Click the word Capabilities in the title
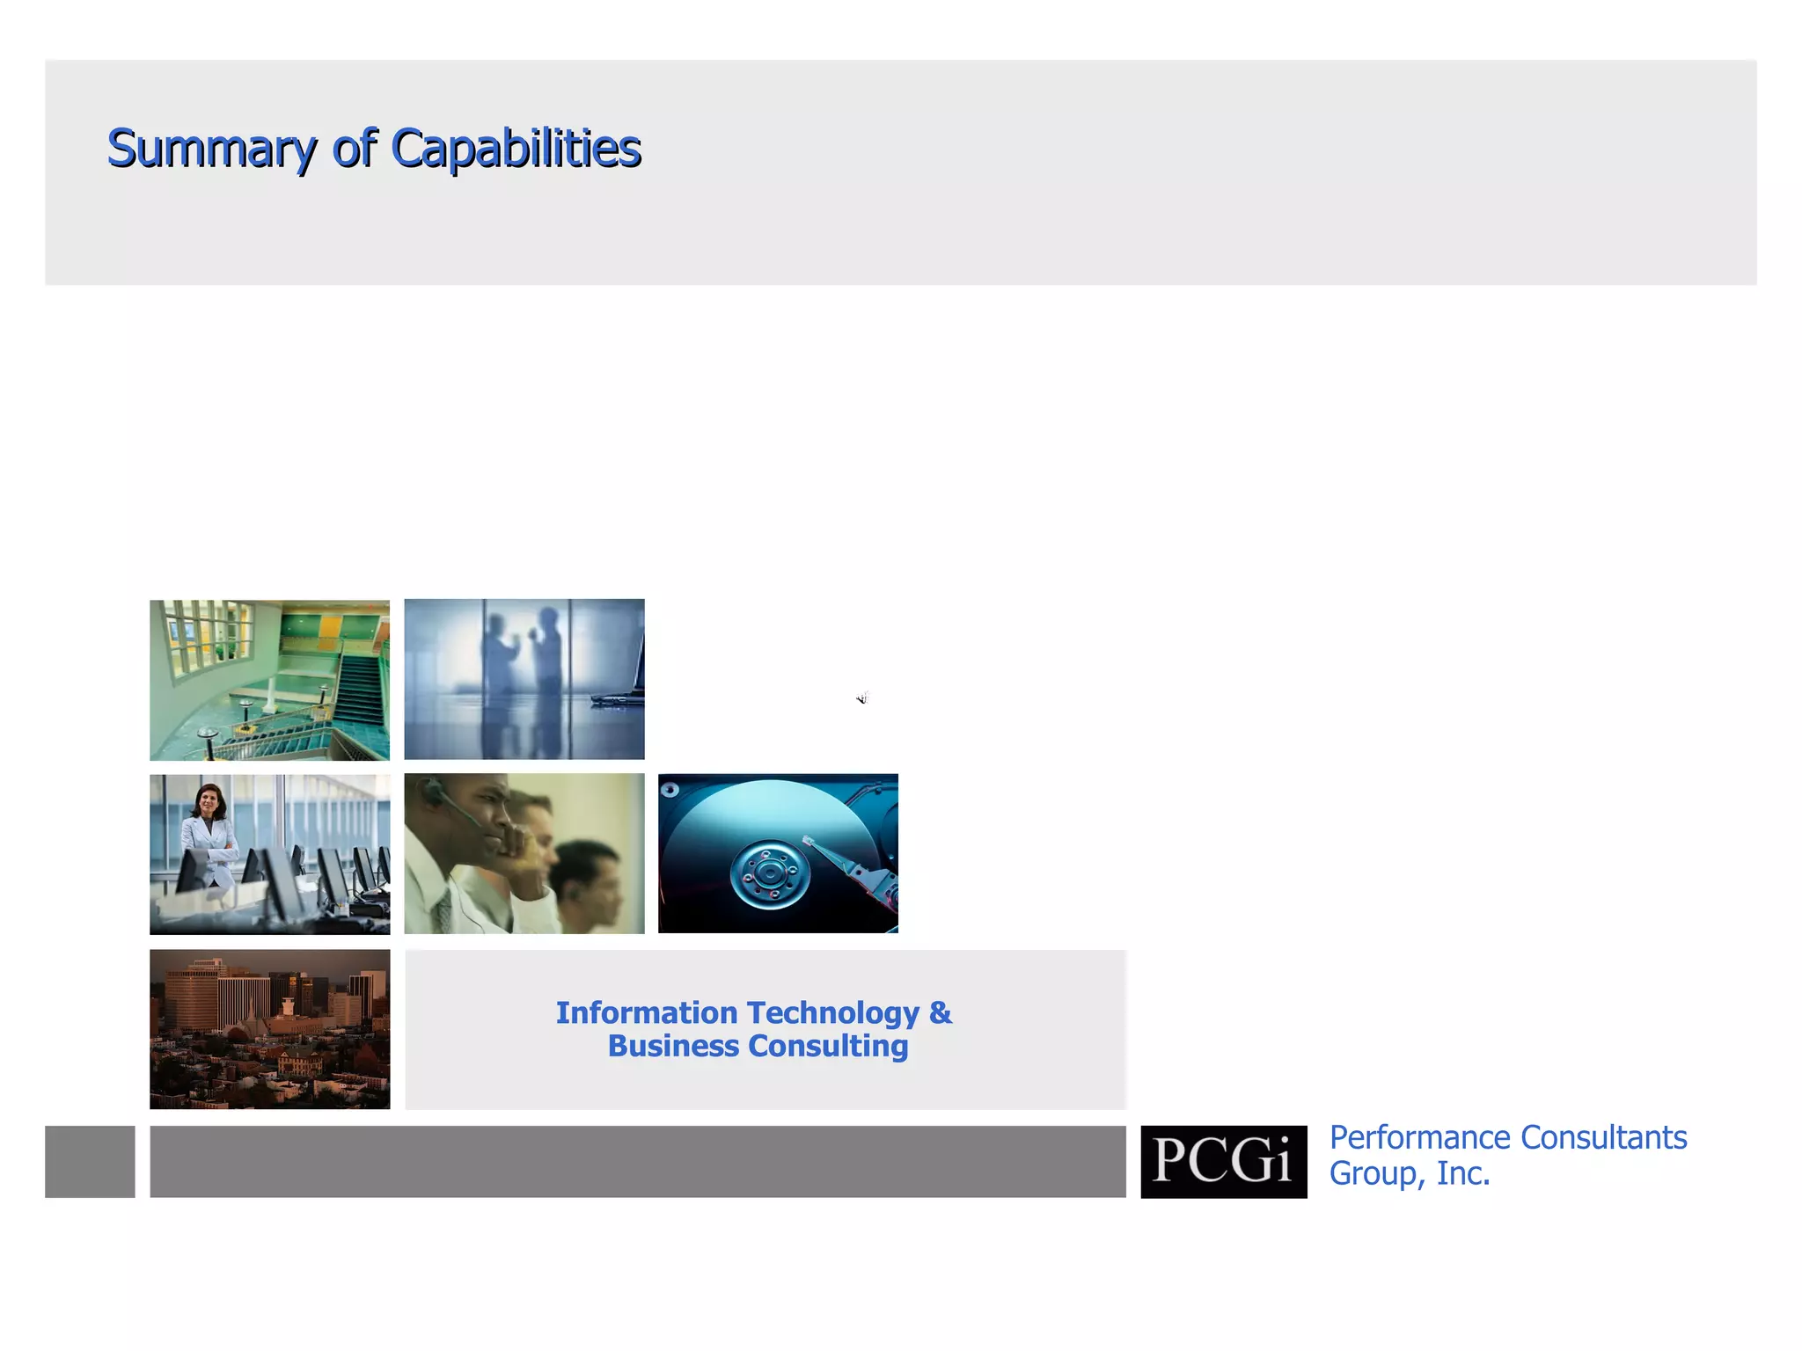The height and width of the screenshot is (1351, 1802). coord(516,148)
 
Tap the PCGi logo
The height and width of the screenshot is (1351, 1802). coord(1223,1161)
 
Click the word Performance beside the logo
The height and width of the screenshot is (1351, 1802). coord(1419,1137)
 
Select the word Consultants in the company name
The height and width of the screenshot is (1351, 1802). coord(1603,1137)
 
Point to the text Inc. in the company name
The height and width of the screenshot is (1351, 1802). coord(1463,1173)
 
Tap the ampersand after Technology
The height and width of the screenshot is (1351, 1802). coord(940,1012)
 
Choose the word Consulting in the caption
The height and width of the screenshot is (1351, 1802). coord(828,1047)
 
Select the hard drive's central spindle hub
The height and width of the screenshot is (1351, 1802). coord(770,873)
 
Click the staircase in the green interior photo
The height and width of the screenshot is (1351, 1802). coord(357,695)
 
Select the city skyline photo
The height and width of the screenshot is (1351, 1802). coord(269,1029)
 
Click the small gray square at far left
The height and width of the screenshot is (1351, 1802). coord(90,1161)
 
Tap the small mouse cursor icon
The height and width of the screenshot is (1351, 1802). coord(862,698)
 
